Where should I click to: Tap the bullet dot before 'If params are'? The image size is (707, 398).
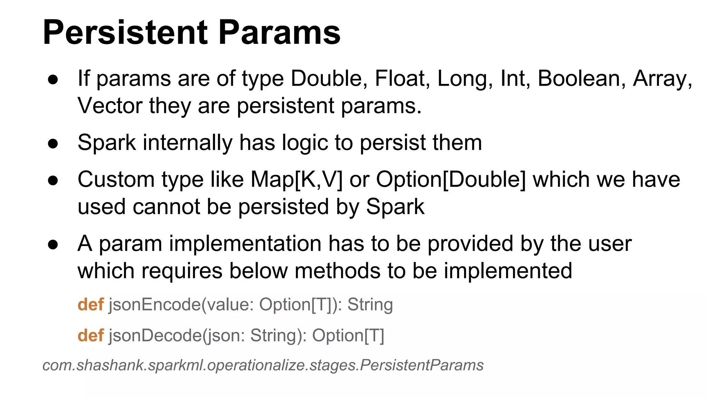point(53,79)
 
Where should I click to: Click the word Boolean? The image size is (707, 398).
point(581,78)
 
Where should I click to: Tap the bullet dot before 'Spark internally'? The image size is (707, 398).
point(53,143)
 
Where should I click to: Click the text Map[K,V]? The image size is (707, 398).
point(297,180)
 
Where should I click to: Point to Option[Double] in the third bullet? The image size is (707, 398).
point(451,180)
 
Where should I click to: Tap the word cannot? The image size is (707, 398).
point(166,207)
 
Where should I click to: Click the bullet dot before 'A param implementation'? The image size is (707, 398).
point(53,245)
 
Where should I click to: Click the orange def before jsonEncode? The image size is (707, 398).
point(90,304)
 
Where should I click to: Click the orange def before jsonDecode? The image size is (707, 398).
point(90,335)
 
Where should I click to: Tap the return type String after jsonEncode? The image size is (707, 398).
point(370,304)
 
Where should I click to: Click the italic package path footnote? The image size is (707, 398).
point(263,365)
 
